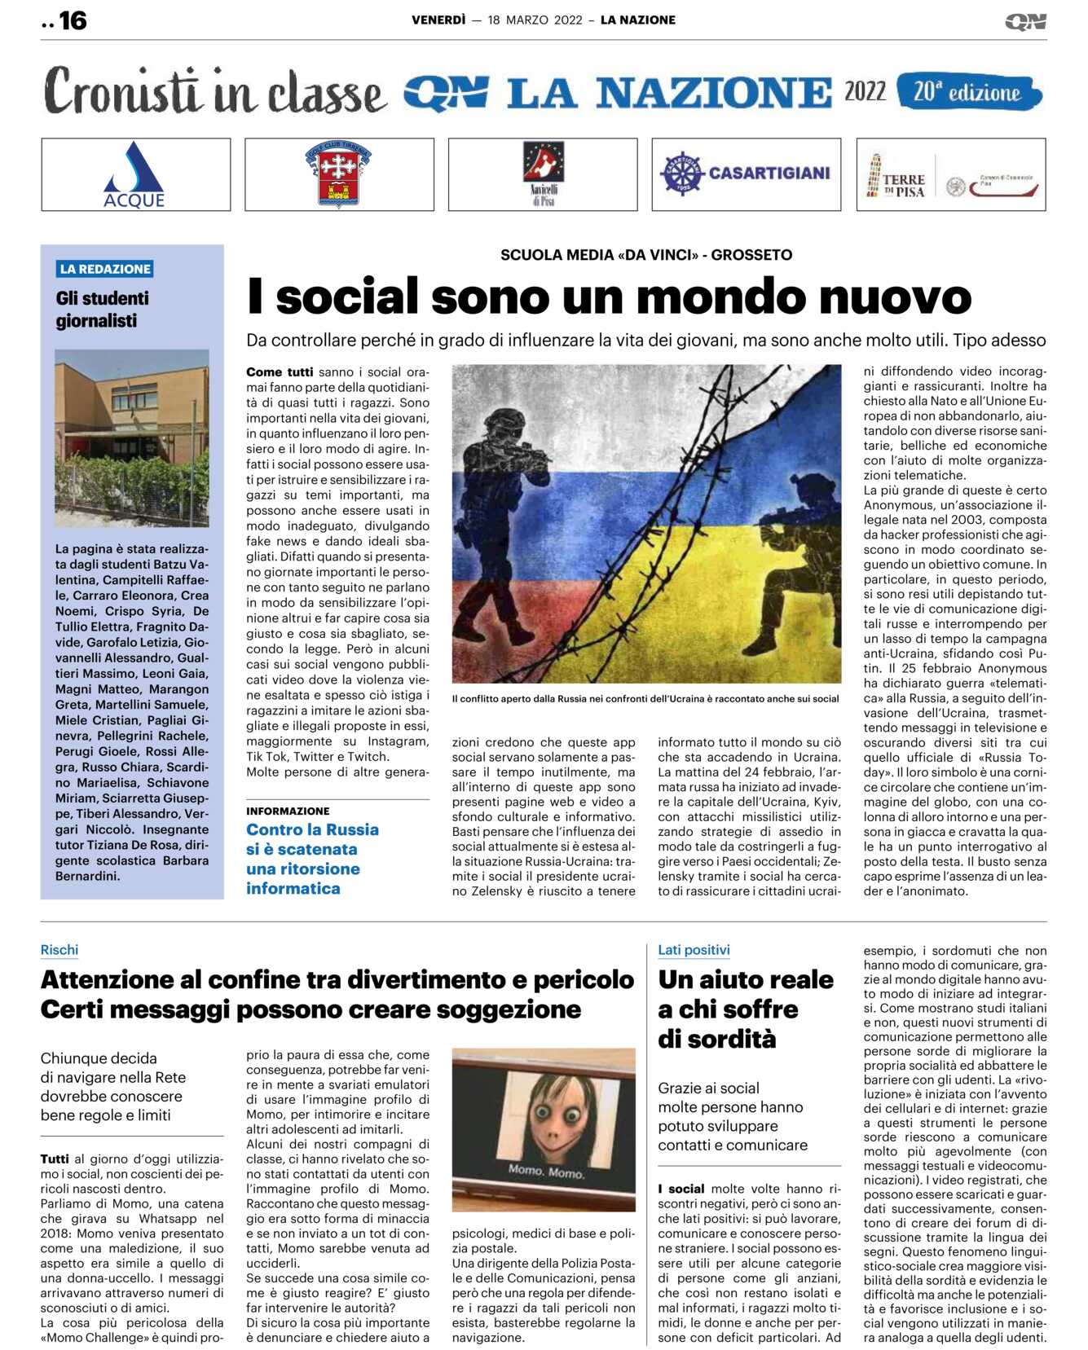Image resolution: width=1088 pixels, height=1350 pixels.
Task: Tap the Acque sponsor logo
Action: tap(134, 174)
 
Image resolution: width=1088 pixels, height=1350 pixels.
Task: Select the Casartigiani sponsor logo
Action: tap(745, 174)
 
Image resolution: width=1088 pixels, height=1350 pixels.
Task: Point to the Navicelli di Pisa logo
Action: tap(543, 174)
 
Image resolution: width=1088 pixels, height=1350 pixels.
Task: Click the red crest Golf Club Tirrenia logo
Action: tap(338, 174)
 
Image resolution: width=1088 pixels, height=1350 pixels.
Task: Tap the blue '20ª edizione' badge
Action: tap(967, 92)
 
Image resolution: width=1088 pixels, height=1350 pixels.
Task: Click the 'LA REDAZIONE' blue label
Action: tap(105, 269)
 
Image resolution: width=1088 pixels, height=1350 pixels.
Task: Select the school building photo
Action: tap(132, 438)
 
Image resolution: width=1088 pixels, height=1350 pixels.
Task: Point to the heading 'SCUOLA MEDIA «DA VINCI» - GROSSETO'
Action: tap(645, 255)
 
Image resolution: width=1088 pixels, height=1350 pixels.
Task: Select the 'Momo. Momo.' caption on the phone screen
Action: tap(545, 1172)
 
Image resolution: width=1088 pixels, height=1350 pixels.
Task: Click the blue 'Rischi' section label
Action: tap(59, 950)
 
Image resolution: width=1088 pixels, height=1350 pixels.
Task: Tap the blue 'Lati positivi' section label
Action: tap(694, 950)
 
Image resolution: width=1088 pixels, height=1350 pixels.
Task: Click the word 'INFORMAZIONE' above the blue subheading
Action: tap(288, 811)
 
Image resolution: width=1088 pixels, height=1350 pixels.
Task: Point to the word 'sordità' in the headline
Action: tap(717, 1040)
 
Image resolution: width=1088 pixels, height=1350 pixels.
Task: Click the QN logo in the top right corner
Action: tap(1024, 21)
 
